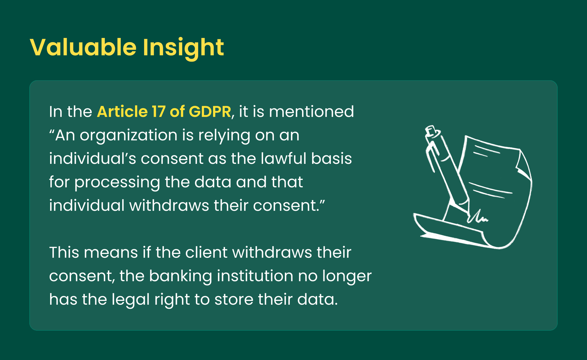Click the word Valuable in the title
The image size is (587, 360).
point(83,47)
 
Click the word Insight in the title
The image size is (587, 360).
point(183,48)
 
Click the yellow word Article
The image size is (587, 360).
point(122,112)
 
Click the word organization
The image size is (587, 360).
point(128,135)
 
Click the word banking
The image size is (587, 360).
point(180,276)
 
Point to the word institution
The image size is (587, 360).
point(255,276)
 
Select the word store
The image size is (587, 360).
point(234,299)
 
